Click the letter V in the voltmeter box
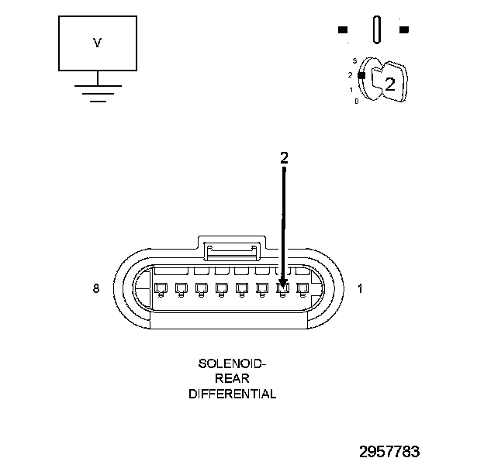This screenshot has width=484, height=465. (97, 43)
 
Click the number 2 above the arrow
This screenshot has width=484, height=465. (284, 157)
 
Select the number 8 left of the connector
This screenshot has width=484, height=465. (95, 288)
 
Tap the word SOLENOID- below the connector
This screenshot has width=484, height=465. (232, 363)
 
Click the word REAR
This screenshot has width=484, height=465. (232, 378)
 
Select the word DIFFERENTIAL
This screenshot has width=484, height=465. (232, 394)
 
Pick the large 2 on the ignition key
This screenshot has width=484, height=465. (390, 84)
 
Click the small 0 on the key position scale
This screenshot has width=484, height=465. (356, 102)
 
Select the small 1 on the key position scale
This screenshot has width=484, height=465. (351, 90)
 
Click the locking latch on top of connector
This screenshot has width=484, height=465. (230, 250)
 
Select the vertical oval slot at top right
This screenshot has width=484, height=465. (376, 30)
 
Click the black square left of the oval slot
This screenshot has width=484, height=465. (342, 30)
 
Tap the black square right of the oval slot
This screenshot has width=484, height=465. (403, 30)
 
